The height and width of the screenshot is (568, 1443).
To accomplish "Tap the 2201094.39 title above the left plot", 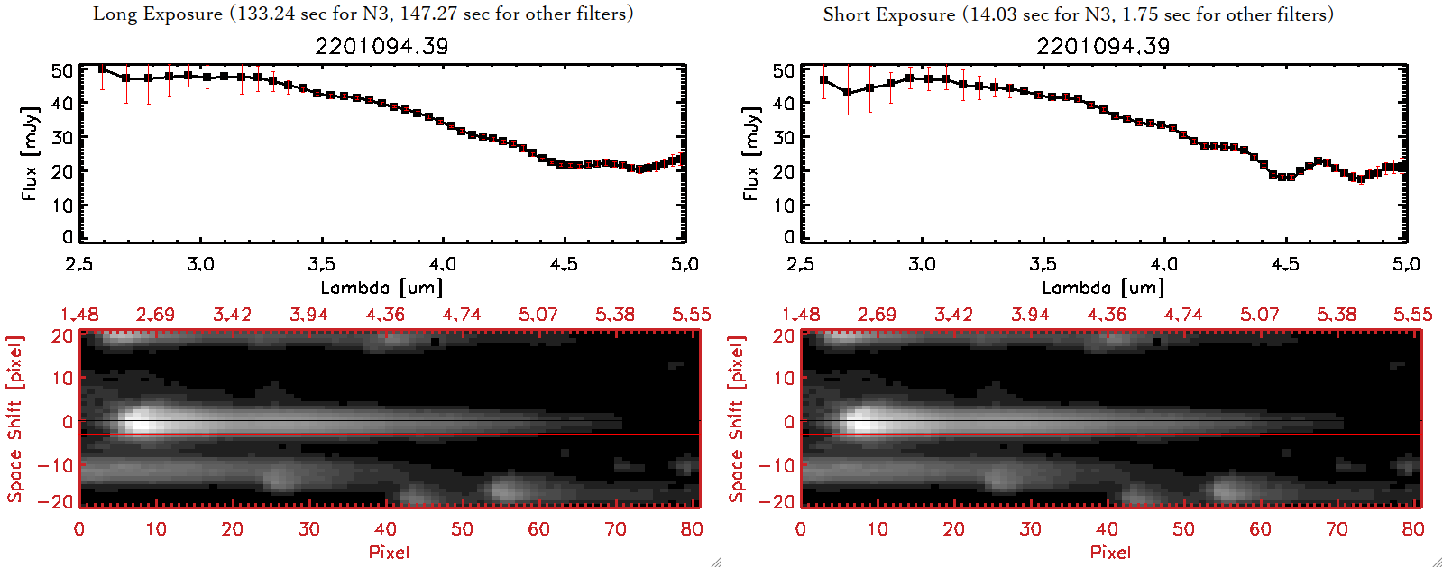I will [381, 46].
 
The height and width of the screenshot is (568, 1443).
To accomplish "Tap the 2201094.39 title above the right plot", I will [1103, 46].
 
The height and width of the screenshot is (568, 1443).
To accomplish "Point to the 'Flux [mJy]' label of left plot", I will [30, 154].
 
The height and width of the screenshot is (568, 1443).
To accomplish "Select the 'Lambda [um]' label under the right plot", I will [1103, 288].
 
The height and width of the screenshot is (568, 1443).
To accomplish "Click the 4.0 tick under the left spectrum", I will [443, 264].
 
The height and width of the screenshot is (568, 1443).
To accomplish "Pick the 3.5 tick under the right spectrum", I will [1043, 264].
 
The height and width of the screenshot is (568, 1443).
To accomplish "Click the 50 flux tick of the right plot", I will [784, 70].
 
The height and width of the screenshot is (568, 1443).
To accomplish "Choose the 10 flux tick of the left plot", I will [62, 206].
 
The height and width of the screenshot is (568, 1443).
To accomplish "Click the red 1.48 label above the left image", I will [79, 315].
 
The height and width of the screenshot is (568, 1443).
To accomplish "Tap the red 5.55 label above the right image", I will [1412, 315].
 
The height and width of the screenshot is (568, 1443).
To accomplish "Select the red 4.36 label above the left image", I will [385, 315].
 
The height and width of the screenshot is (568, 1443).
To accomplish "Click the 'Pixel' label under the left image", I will [389, 552].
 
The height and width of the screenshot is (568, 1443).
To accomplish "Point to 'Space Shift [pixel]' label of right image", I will [737, 419].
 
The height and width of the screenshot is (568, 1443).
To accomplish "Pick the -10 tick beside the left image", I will [56, 465].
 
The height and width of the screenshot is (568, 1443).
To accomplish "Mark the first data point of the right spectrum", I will [823, 80].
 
